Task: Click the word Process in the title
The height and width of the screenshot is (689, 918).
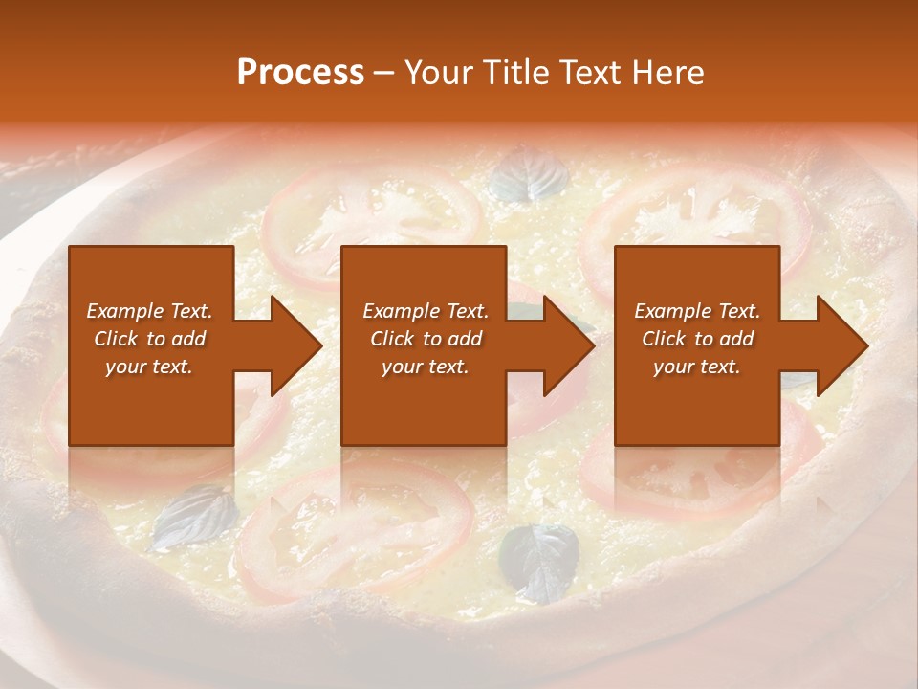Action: click(x=300, y=72)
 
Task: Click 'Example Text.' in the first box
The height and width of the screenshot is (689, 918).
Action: click(x=150, y=311)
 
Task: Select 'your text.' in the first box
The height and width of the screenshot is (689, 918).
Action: click(x=150, y=367)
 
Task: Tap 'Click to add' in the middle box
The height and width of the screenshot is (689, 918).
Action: click(x=426, y=339)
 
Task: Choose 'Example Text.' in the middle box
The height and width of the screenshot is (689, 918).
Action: click(x=426, y=311)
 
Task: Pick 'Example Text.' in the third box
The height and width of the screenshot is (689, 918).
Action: click(x=697, y=311)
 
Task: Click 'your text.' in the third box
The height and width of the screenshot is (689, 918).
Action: click(x=697, y=367)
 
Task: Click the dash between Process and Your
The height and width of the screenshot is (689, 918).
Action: click(x=384, y=74)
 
